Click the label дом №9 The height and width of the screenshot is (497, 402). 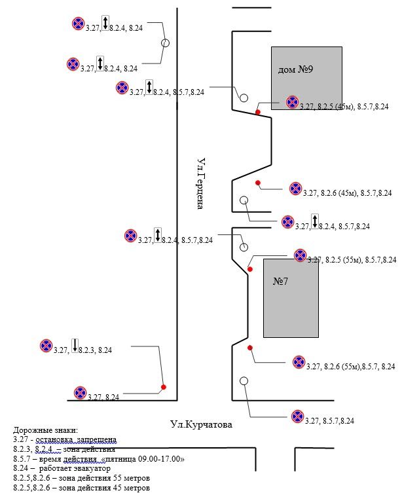pos(295,69)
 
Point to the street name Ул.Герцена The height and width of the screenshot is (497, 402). pos(202,183)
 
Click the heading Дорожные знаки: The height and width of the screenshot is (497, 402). pos(45,430)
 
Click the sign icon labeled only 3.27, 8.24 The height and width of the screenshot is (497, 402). pos(81,393)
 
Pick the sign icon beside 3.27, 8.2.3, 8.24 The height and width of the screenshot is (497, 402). pos(46,345)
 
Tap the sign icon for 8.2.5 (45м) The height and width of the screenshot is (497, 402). pos(292,102)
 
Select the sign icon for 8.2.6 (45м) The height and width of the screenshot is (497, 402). pos(295,189)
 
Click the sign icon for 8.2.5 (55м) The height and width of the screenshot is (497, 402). pos(300,255)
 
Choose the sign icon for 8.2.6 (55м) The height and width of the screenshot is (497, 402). pos(299,361)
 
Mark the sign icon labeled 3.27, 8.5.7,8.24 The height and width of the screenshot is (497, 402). pos(298,416)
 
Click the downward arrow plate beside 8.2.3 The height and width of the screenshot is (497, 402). pos(75,344)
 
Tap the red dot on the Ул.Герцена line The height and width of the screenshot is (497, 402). pos(164,387)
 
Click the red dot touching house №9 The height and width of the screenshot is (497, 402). pos(258,112)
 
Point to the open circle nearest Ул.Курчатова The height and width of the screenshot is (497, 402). pos(244,380)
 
